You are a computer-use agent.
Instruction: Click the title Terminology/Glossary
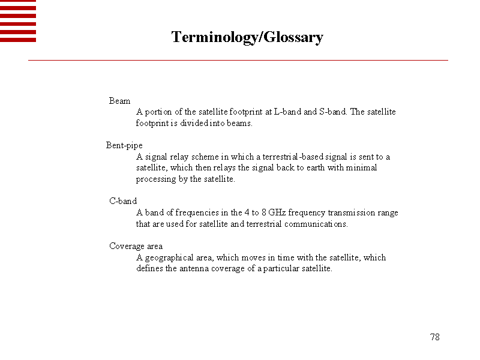247,37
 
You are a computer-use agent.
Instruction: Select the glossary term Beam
119,101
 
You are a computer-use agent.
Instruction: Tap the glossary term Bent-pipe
124,145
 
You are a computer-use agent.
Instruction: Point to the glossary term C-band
123,201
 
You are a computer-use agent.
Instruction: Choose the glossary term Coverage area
136,246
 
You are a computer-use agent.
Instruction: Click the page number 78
435,337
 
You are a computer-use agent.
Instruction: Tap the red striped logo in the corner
18,21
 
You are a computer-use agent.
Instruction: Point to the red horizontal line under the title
238,61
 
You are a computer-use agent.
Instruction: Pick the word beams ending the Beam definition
239,124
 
